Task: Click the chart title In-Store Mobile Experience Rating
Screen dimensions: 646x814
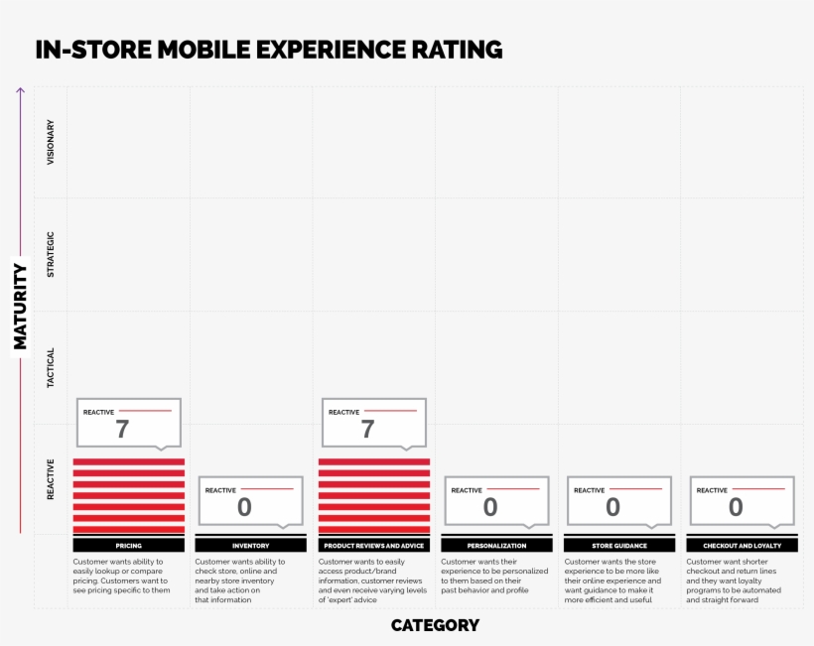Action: [x=268, y=50]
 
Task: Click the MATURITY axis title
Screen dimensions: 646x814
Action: [x=20, y=306]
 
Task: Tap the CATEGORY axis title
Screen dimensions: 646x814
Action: [x=435, y=625]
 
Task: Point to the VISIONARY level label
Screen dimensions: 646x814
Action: [x=51, y=142]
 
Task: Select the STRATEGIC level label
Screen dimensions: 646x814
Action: [x=51, y=254]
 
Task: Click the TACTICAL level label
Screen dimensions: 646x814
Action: [x=51, y=367]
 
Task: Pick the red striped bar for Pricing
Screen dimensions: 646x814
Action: [x=128, y=496]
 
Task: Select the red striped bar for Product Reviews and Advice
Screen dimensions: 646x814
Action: [x=374, y=496]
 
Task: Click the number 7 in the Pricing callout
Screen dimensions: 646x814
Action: [x=122, y=429]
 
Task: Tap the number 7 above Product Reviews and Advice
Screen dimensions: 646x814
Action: [x=367, y=429]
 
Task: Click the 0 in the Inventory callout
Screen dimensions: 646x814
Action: [x=244, y=507]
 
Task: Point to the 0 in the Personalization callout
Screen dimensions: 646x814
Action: [x=490, y=507]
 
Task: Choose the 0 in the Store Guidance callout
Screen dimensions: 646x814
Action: [x=612, y=507]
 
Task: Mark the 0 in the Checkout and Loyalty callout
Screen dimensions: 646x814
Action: [x=736, y=507]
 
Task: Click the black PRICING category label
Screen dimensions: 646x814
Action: [x=128, y=546]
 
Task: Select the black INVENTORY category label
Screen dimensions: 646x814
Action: [x=251, y=546]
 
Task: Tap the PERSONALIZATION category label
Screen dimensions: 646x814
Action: [x=496, y=546]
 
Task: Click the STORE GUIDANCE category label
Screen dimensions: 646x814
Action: [x=619, y=546]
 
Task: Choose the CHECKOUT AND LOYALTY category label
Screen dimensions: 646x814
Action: [x=742, y=546]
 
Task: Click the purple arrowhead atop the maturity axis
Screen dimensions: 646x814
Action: [x=20, y=91]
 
